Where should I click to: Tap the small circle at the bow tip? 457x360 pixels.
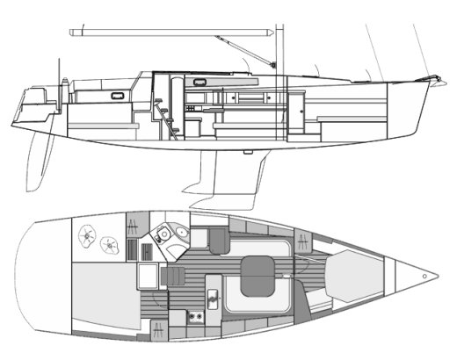pos(425,276)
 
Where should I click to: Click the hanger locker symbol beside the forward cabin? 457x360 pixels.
pos(301,239)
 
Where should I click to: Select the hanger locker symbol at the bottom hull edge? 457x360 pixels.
pos(157,330)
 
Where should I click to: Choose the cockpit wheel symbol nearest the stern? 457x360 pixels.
pos(88,234)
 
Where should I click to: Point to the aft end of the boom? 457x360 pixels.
pos(72,32)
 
